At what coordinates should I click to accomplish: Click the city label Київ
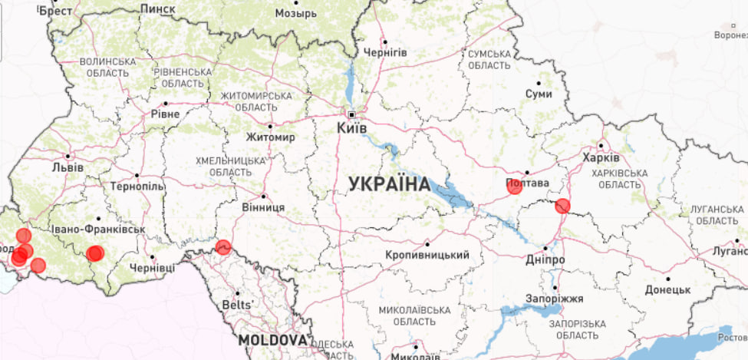352,127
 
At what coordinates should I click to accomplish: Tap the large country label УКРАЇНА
389,184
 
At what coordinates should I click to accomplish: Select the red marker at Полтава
514,186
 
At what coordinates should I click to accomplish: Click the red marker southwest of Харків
562,206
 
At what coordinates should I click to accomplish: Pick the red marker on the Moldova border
223,246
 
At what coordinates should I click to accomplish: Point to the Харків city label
601,157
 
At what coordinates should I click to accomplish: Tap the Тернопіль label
137,187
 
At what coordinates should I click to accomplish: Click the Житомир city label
270,137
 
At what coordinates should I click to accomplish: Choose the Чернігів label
385,52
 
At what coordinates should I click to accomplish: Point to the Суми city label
539,93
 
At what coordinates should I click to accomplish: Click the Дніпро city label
546,260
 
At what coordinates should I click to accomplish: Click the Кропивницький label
428,254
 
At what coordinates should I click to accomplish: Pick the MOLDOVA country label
272,339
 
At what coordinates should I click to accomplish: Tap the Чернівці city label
153,268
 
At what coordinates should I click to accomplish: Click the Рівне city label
165,114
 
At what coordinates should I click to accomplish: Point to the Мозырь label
295,14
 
